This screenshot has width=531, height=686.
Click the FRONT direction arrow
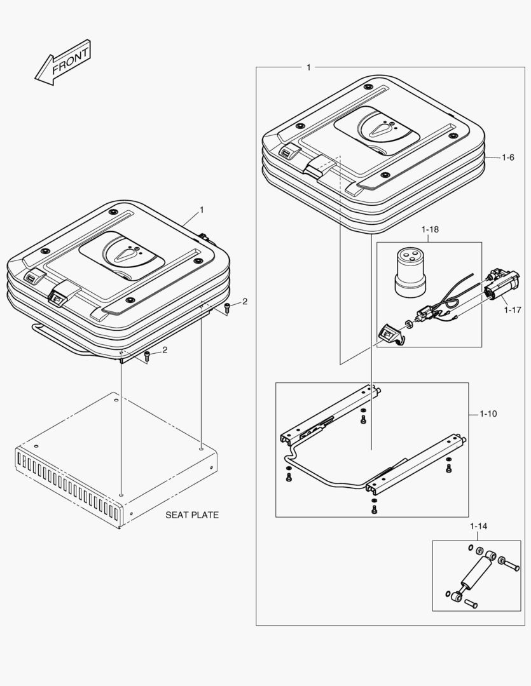62,63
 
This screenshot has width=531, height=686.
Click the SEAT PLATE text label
192,515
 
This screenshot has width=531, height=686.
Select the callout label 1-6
507,157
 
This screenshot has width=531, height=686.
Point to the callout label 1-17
513,310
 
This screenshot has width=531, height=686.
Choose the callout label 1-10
488,414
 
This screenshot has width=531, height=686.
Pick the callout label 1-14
479,527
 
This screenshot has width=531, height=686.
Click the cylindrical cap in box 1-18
410,272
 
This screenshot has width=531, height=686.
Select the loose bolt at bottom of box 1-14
470,603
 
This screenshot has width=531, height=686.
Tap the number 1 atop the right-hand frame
308,67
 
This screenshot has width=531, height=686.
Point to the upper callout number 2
245,301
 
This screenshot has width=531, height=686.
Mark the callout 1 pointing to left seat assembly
202,210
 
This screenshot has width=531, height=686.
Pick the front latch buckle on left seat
58,293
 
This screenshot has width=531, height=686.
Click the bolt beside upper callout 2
228,308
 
